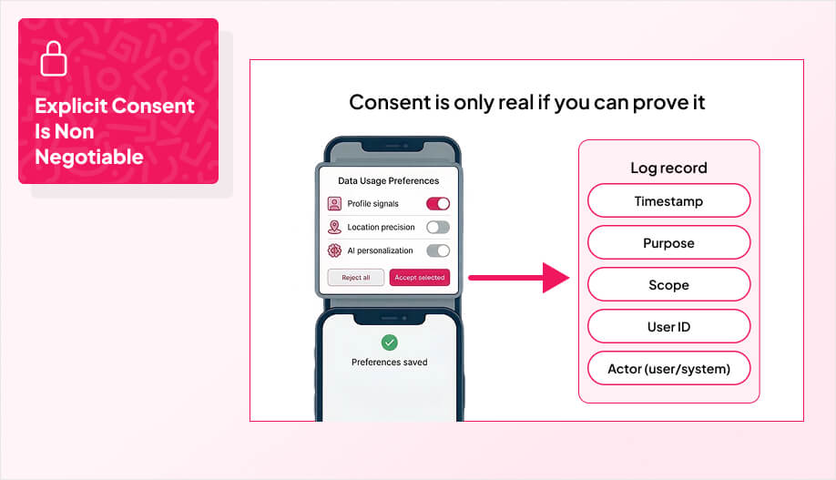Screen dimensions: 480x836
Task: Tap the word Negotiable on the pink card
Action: [89, 157]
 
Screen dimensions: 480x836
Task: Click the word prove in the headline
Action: [642, 102]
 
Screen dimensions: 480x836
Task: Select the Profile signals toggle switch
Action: [438, 204]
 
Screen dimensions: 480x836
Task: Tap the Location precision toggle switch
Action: [438, 227]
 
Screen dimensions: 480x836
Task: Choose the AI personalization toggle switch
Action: [438, 250]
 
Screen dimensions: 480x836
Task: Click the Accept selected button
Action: [420, 278]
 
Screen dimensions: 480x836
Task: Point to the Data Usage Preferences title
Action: [388, 180]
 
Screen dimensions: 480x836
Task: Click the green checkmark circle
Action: [390, 342]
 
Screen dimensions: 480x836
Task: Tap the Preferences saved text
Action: [390, 362]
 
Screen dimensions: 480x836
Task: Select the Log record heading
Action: [668, 168]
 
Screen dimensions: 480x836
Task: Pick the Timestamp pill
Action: [668, 201]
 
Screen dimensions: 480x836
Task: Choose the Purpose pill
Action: [668, 243]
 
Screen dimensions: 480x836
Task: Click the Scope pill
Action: [668, 285]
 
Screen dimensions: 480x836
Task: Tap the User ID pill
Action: [668, 327]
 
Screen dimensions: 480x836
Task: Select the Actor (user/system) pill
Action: [668, 369]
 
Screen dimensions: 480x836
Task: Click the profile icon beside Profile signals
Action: [334, 204]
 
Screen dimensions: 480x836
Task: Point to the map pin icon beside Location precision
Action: [334, 227]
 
